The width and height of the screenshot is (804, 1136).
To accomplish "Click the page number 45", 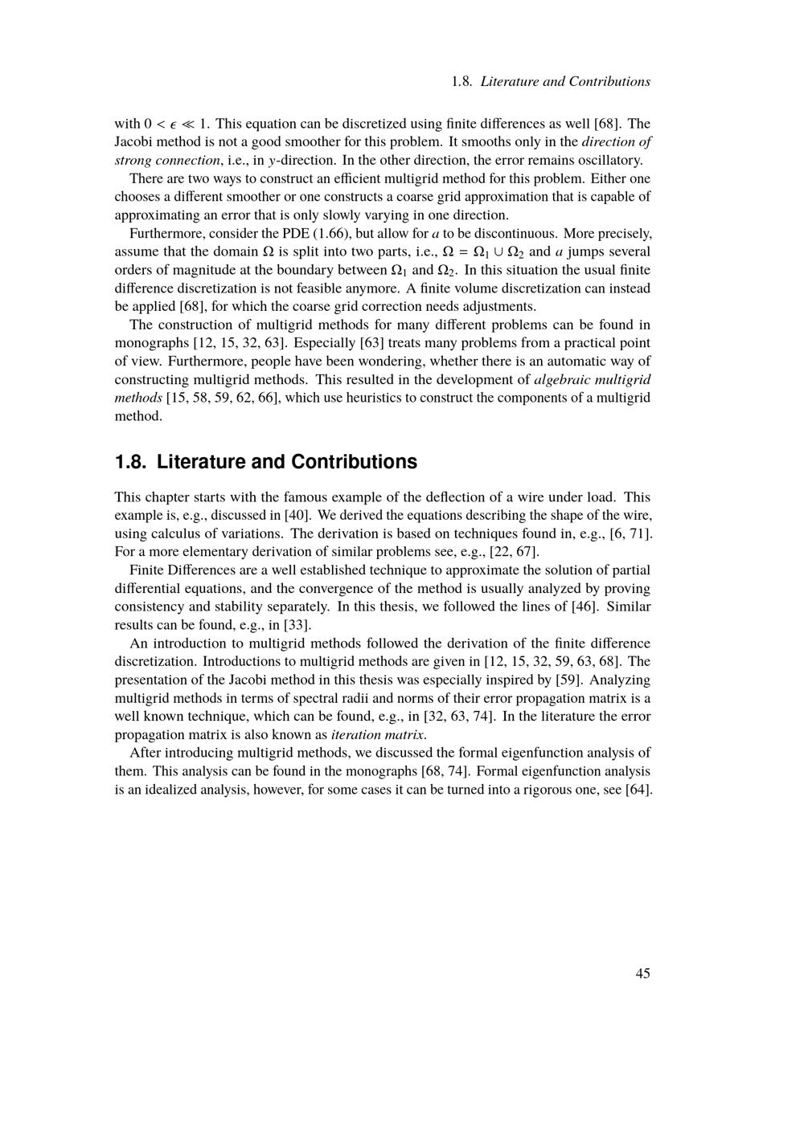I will [642, 973].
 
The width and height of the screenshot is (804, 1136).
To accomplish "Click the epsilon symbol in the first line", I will [173, 124].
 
